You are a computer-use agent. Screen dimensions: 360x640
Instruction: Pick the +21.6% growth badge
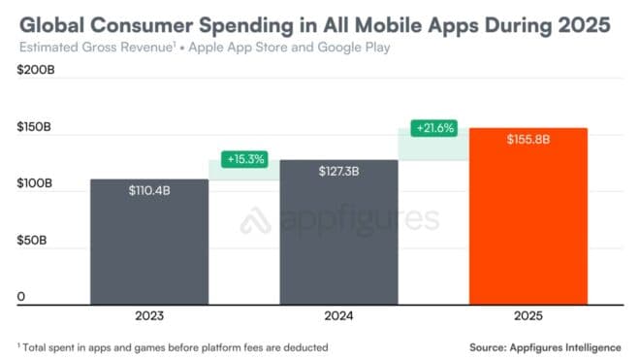(x=433, y=127)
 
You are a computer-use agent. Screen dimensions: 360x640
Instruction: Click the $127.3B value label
(x=338, y=171)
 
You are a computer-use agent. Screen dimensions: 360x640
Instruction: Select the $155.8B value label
(x=528, y=140)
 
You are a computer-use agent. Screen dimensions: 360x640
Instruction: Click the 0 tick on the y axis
(x=20, y=297)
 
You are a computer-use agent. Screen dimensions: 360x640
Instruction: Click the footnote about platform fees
(x=174, y=346)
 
